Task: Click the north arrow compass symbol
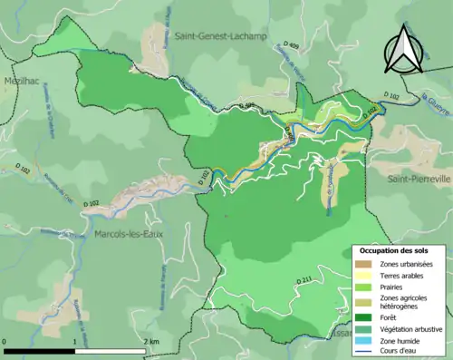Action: pos(401,51)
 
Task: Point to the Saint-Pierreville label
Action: pos(419,179)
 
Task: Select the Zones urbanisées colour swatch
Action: pos(361,264)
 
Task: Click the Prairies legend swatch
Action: pos(361,291)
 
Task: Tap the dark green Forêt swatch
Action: pos(361,316)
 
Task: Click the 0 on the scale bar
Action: pos(5,341)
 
